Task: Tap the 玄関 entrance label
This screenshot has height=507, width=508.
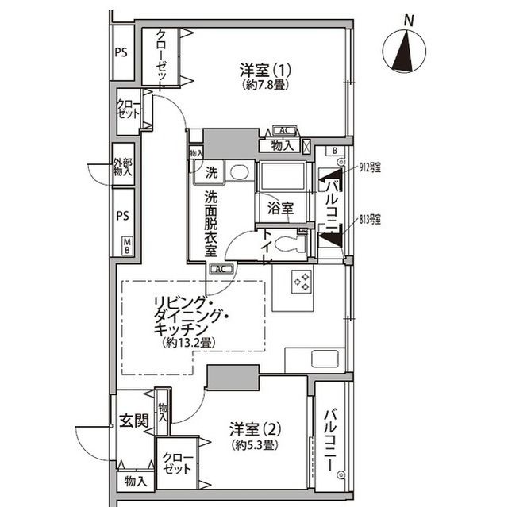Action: point(134,421)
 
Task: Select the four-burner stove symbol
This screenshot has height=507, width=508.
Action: point(302,282)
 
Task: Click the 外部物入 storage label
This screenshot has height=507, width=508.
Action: point(122,167)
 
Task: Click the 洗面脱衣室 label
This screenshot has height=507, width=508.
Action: point(211,223)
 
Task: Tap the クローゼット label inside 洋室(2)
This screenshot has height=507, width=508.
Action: point(175,463)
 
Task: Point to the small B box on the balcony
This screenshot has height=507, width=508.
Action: point(336,150)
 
